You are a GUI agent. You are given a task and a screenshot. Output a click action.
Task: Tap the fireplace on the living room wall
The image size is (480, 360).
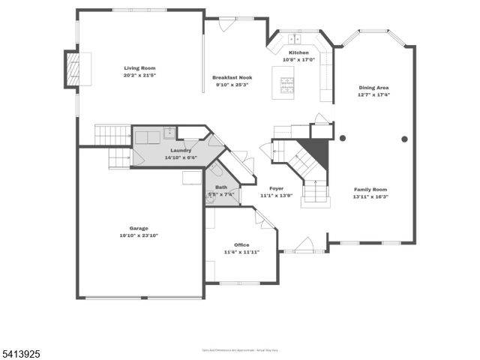click(x=73, y=70)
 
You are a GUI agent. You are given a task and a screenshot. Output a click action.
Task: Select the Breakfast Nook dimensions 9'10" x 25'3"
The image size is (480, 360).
click(x=232, y=85)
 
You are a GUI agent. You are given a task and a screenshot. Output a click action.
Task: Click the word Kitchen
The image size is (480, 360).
click(x=298, y=52)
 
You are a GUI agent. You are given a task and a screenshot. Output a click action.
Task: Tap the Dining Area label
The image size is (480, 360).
click(x=373, y=88)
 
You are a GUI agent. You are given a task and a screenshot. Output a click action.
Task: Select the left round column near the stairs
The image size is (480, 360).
click(x=343, y=138)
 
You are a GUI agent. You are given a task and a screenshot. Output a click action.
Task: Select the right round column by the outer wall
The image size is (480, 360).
click(x=404, y=139)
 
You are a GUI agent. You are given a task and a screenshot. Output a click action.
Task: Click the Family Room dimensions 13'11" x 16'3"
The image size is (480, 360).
click(x=370, y=197)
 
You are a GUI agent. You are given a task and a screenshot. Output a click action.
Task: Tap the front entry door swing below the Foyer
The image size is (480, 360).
click(x=304, y=244)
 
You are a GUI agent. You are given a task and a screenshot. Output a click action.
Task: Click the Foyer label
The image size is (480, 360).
click(x=276, y=188)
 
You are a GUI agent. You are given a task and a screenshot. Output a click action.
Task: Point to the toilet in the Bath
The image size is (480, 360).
click(x=216, y=170)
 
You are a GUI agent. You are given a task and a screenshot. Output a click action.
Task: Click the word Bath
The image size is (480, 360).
click(x=220, y=187)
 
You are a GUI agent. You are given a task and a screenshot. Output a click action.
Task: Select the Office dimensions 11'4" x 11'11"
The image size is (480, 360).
click(x=241, y=252)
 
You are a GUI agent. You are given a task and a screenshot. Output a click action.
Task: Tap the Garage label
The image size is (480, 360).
click(x=138, y=228)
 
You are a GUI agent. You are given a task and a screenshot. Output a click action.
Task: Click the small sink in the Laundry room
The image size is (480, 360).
click(x=170, y=133)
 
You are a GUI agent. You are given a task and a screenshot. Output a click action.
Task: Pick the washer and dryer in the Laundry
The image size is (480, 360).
click(x=147, y=136)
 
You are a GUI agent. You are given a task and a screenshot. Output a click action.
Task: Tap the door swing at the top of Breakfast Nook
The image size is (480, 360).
click(x=226, y=24)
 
